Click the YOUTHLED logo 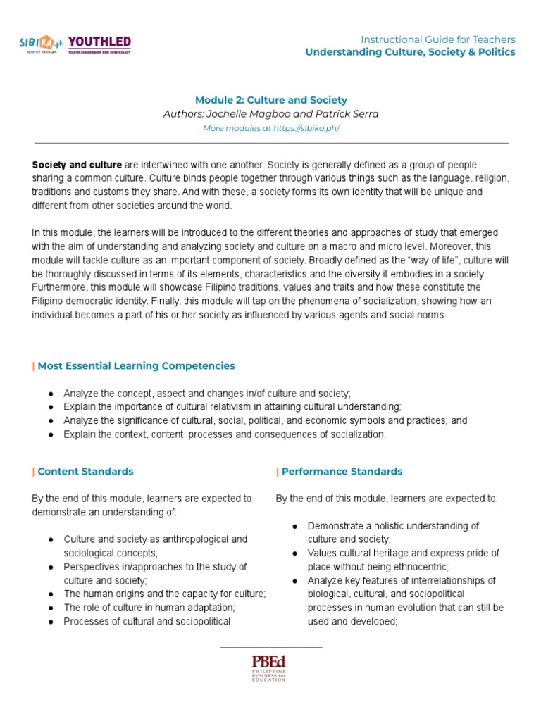pos(99,45)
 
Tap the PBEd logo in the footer pos(270,668)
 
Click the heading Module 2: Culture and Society pos(270,100)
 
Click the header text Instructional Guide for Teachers pos(437,39)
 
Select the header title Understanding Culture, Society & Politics pos(410,52)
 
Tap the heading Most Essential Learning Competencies pos(136,365)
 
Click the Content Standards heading pos(85,471)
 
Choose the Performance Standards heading pos(342,471)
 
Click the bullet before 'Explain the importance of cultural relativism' pos(51,407)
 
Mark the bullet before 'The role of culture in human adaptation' pos(51,608)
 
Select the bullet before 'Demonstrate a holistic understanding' pos(296,526)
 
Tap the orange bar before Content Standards pos(33,471)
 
